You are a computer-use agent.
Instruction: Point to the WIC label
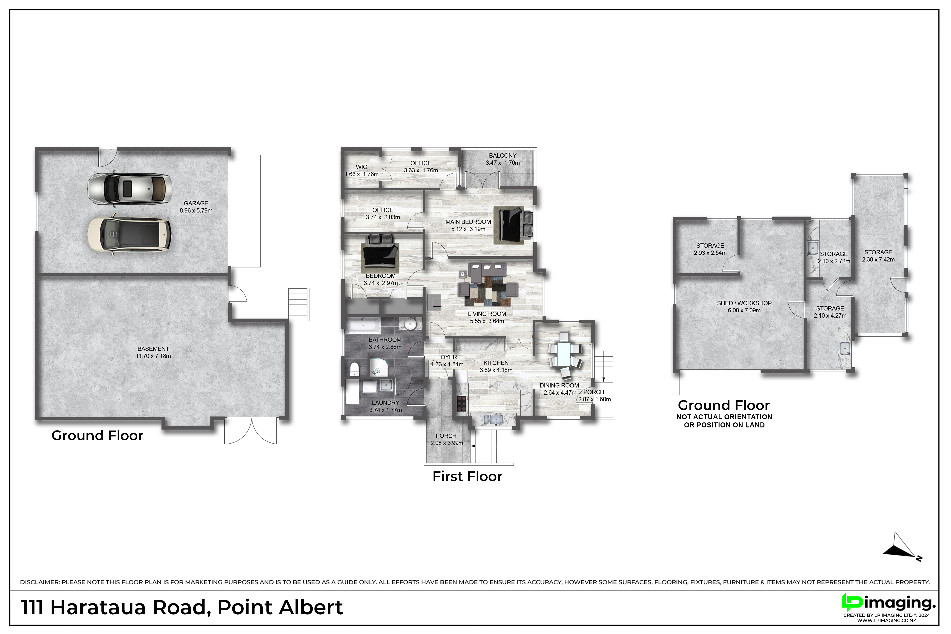click(361, 167)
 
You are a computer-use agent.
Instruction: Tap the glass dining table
click(565, 354)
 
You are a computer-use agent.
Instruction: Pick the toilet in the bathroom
click(354, 369)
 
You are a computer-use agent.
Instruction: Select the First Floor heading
click(467, 476)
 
